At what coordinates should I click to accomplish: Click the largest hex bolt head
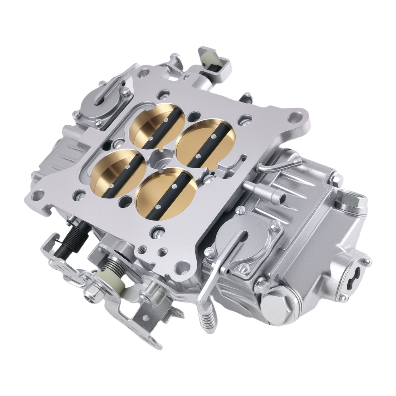coord(276,305)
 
